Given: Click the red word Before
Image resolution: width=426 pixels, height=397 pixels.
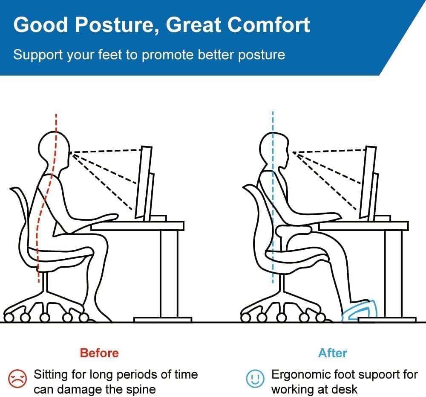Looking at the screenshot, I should (x=99, y=353).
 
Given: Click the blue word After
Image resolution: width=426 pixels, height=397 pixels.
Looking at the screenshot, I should (x=333, y=353).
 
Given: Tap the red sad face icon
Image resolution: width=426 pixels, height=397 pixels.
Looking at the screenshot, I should (x=17, y=379).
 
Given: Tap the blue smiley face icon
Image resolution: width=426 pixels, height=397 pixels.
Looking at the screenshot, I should (x=254, y=379).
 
